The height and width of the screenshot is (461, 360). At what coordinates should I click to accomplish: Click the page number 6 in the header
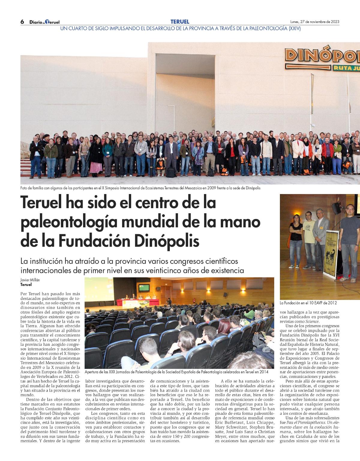coord(22,22)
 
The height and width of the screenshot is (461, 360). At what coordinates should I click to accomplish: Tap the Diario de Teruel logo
coord(44,22)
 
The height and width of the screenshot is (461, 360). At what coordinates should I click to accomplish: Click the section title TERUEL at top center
coord(180,22)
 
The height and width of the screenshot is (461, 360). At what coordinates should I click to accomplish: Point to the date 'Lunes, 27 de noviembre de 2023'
coord(315,22)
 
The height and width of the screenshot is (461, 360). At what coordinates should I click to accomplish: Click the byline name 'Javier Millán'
coord(30,280)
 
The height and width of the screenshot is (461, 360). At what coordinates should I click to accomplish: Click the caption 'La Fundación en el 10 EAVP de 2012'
coord(308,303)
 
